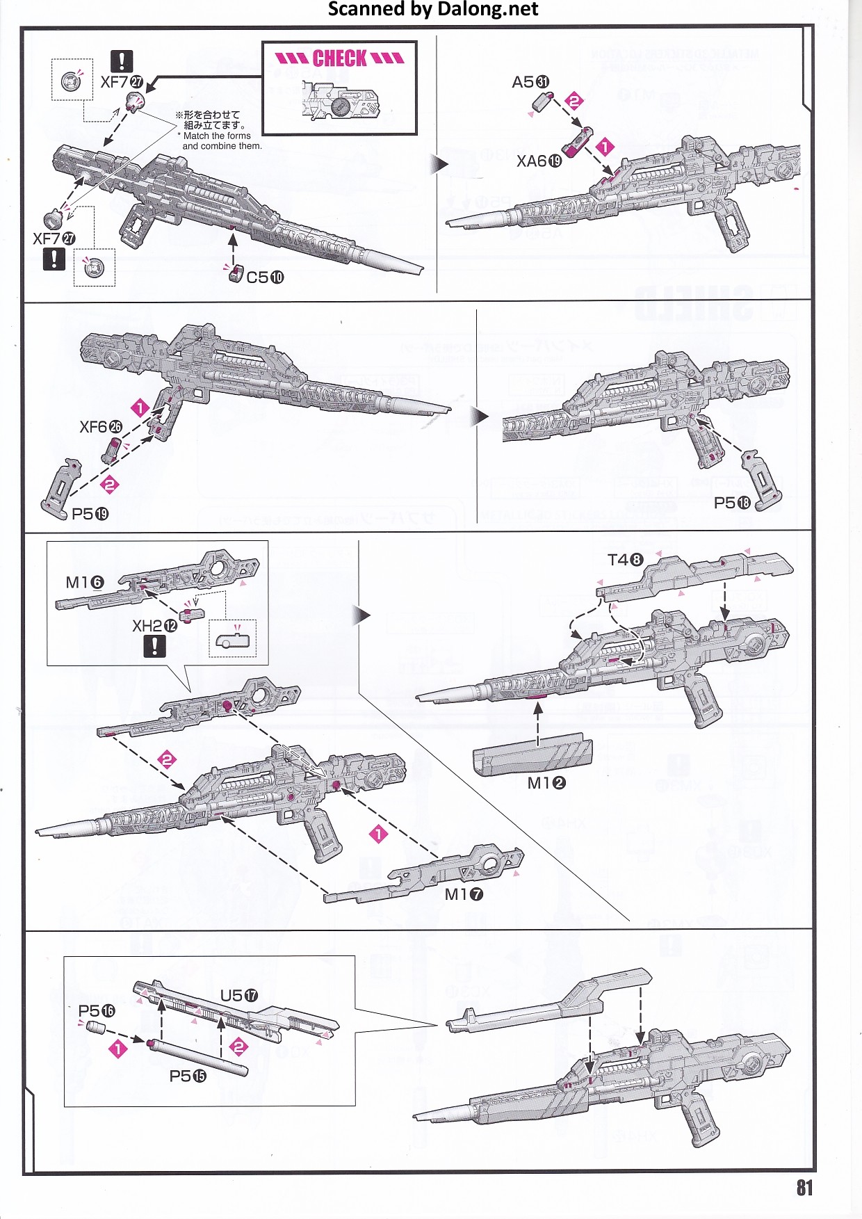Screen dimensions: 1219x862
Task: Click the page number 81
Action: click(x=804, y=1187)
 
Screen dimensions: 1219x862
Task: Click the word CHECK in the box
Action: click(x=339, y=58)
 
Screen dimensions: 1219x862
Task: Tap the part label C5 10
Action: click(x=265, y=277)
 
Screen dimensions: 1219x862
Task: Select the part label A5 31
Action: click(x=530, y=82)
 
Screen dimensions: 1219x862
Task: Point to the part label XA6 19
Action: click(x=539, y=161)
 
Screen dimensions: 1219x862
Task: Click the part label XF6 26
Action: click(x=101, y=427)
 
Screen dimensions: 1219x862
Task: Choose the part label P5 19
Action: click(x=90, y=514)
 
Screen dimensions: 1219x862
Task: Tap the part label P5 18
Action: click(x=732, y=503)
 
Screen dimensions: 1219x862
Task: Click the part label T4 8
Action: click(x=625, y=560)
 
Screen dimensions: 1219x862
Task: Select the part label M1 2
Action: click(x=546, y=783)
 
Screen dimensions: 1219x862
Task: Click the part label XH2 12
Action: click(x=154, y=626)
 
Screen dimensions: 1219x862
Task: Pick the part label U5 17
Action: click(x=238, y=996)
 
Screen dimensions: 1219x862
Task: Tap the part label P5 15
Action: click(x=188, y=1076)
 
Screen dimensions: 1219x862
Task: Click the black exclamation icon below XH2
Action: click(x=154, y=647)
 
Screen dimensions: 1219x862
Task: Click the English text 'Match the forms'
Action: click(x=217, y=136)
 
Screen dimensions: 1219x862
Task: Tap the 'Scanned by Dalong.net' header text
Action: click(x=432, y=9)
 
